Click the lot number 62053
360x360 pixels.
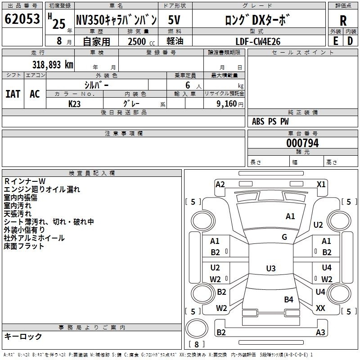[x=22, y=19]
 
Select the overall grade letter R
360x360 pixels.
[x=343, y=21]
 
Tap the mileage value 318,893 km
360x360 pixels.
[x=53, y=65]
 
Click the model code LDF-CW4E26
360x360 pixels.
[x=258, y=41]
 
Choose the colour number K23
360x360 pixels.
[x=74, y=104]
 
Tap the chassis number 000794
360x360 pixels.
[x=302, y=143]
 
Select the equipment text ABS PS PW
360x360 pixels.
[x=270, y=121]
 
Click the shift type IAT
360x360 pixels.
[x=13, y=94]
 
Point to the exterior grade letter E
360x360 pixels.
[x=335, y=41]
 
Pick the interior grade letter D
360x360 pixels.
[x=350, y=41]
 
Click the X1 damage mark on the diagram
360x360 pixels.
[x=321, y=184]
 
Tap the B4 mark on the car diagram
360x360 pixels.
[x=288, y=299]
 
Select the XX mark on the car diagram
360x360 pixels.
[x=320, y=308]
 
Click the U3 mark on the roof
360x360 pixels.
[x=271, y=268]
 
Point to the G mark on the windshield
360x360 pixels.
[x=284, y=237]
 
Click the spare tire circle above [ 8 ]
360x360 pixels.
[x=197, y=328]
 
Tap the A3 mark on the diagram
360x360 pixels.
[x=320, y=332]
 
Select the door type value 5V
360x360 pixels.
[x=174, y=20]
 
